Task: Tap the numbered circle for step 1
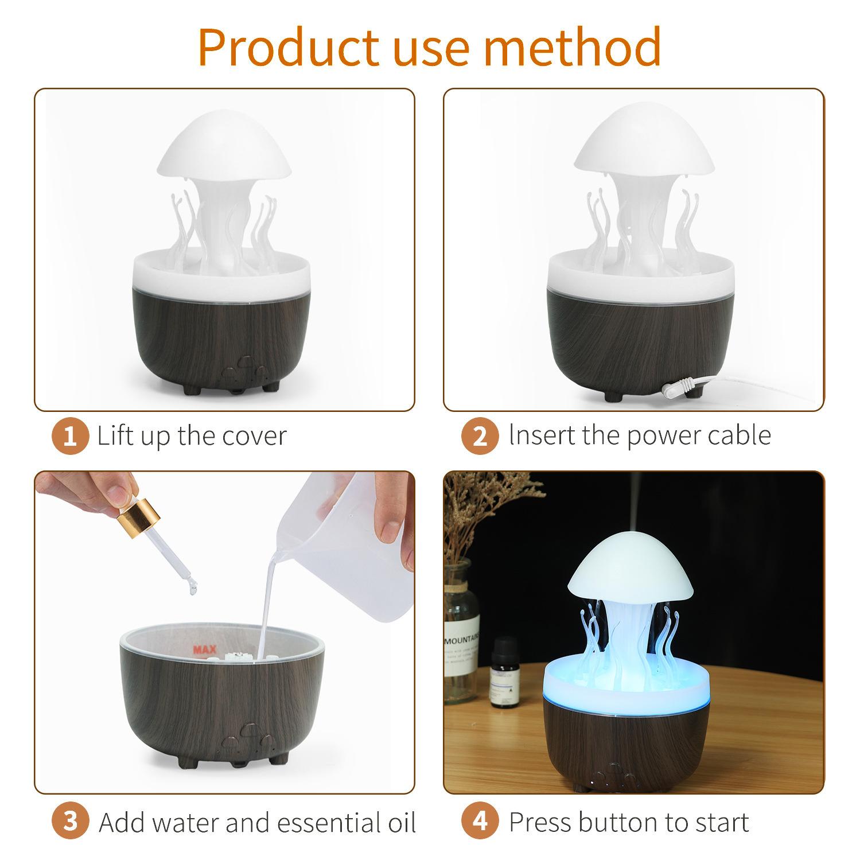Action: tap(70, 437)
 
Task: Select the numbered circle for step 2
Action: tap(480, 437)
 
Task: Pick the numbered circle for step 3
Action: tap(70, 822)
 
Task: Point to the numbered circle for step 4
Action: tap(480, 822)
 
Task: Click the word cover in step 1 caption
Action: tap(254, 436)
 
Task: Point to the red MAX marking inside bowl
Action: tap(204, 649)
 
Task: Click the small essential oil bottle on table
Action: tap(505, 672)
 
